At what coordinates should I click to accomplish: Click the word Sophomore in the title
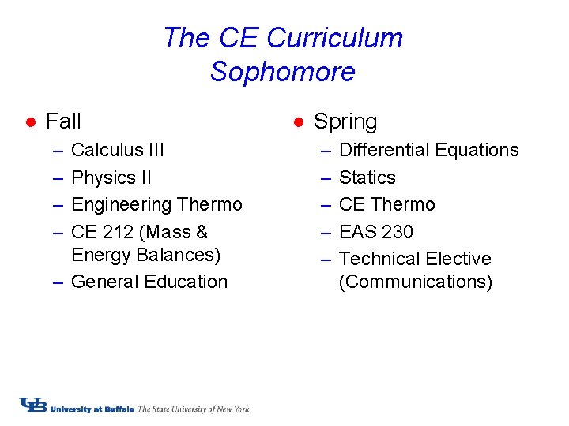[282, 73]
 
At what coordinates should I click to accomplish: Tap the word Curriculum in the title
[334, 38]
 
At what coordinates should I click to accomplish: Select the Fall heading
[63, 121]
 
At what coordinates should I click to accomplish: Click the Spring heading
[345, 121]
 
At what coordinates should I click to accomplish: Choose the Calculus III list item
[118, 150]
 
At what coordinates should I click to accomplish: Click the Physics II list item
[111, 177]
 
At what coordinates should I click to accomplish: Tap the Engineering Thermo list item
[156, 204]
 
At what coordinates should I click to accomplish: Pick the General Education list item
[149, 282]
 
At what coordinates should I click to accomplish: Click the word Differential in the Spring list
[383, 150]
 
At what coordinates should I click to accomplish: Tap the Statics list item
[367, 177]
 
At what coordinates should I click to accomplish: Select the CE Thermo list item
[386, 204]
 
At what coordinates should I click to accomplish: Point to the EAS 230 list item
[375, 232]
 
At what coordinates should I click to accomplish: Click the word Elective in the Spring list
[458, 259]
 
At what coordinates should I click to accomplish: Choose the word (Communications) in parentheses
[415, 282]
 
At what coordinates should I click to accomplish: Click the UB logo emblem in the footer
[33, 405]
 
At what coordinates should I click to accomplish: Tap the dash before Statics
[326, 177]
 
